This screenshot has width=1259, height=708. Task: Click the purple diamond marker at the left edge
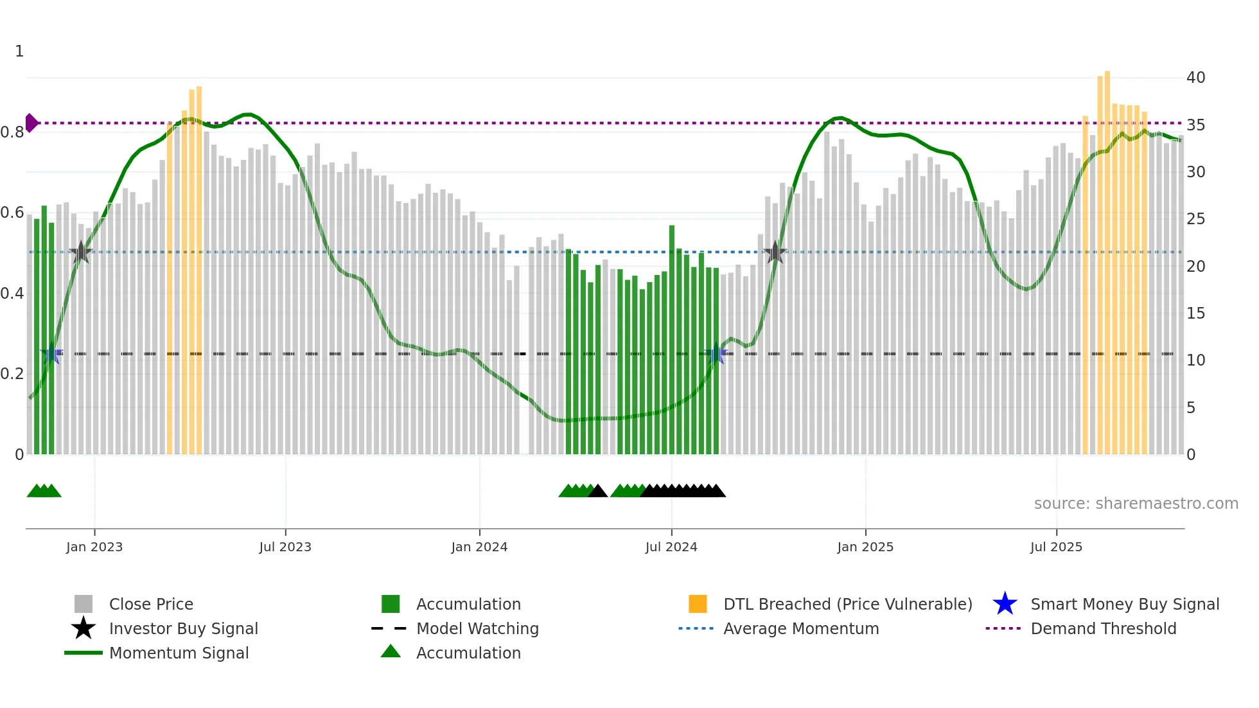[31, 123]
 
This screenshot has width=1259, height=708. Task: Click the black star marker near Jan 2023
[80, 252]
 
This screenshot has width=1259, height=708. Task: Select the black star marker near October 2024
[775, 252]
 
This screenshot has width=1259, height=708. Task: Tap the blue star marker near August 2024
[716, 353]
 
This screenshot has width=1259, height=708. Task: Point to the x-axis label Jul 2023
[285, 547]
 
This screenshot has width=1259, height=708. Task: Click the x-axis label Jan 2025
[865, 547]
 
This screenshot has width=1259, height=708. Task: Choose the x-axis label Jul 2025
[1056, 547]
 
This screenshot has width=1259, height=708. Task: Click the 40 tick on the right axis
[1195, 78]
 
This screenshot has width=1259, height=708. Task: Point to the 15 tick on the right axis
[1195, 314]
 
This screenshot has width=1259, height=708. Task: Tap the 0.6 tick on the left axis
[13, 213]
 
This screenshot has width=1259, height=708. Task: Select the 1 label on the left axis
[19, 51]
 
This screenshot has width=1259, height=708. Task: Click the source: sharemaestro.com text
[1136, 504]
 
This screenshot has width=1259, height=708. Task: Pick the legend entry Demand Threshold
[1103, 629]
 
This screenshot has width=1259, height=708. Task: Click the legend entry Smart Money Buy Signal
[1124, 605]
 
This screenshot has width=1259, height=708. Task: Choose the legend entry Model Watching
[477, 629]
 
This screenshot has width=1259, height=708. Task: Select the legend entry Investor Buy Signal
[183, 629]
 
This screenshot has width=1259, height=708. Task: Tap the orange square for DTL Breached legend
[698, 604]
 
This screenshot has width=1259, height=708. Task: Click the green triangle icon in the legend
[391, 651]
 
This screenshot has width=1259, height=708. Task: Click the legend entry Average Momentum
[800, 629]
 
